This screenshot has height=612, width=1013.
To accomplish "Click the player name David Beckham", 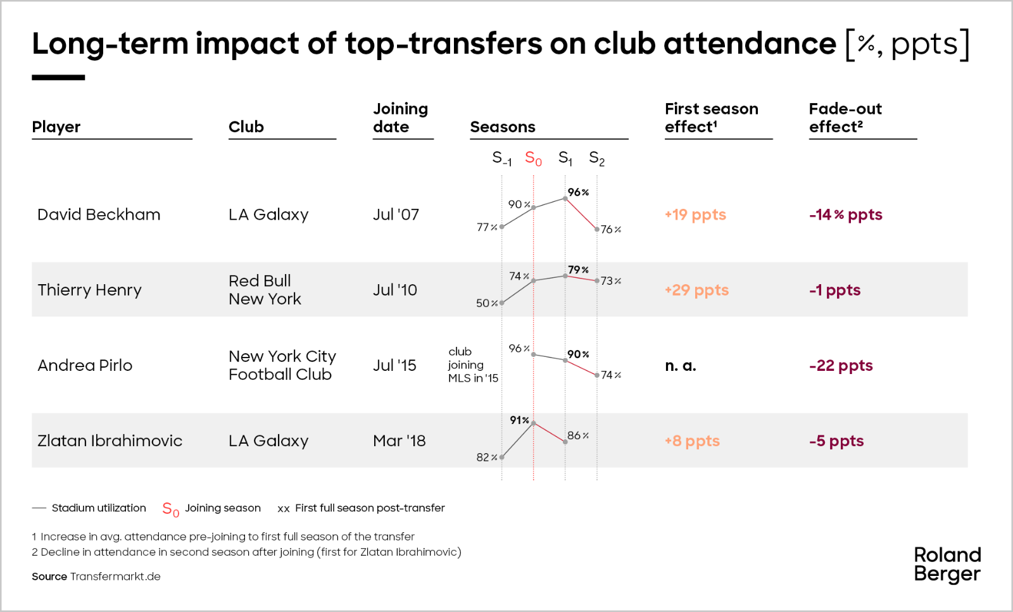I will [x=99, y=215].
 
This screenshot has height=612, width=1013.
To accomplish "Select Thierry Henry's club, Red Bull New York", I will [x=265, y=290].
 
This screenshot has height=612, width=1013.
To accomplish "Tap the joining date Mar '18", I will [x=399, y=440].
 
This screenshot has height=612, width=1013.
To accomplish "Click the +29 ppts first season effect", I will [x=696, y=290].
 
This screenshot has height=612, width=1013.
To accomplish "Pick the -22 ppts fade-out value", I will [x=841, y=365].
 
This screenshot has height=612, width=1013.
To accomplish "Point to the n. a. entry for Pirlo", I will [x=680, y=365].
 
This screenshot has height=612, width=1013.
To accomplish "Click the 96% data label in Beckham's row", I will [x=577, y=192].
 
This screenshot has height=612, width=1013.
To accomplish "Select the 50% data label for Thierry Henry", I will [x=486, y=303].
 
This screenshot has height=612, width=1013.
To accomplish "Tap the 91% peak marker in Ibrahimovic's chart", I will [x=533, y=423].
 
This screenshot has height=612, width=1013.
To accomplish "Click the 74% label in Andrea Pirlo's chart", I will [x=610, y=375].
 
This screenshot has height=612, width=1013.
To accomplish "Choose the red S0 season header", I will [x=533, y=158].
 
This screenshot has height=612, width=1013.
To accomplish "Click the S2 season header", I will [x=596, y=158].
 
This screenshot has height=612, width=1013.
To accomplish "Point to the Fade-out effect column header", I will [x=845, y=118].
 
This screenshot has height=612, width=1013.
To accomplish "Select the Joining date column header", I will [x=400, y=118].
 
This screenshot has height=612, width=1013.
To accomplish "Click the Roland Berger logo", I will [x=947, y=565].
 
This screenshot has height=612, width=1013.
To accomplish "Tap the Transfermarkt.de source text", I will [x=115, y=577].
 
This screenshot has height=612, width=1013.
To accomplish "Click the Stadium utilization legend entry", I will [x=99, y=508].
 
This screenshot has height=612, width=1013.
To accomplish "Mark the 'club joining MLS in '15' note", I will [x=472, y=365].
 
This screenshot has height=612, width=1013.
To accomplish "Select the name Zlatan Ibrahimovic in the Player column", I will [x=110, y=440].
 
